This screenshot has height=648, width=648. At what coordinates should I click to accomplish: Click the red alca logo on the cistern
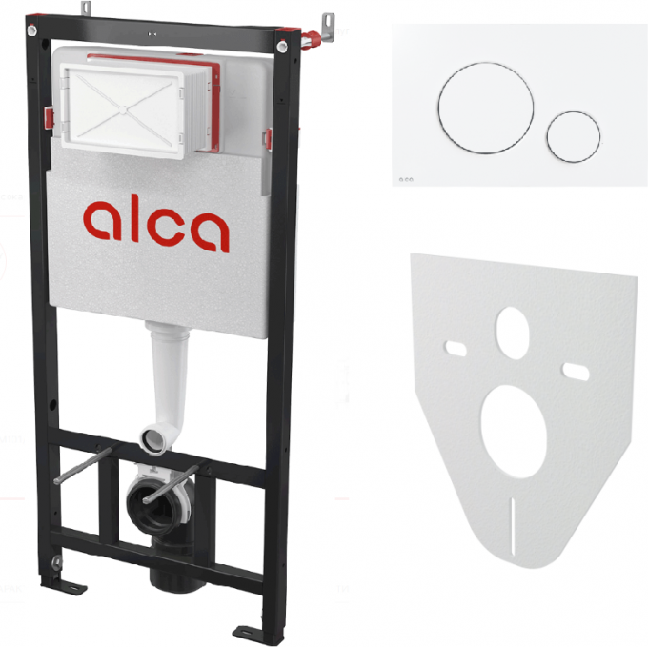coord(155,226)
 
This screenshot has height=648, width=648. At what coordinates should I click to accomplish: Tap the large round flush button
coord(486,109)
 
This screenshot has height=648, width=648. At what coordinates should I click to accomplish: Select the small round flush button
coord(574,136)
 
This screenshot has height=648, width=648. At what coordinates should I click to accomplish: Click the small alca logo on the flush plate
coord(406,179)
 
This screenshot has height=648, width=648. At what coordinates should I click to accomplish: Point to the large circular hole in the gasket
coord(514,432)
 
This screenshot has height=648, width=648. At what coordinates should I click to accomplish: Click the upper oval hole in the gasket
coord(513,334)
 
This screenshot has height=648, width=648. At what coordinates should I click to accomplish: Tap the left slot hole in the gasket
coord(456,349)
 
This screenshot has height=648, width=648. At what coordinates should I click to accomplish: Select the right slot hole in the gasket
coord(577,372)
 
